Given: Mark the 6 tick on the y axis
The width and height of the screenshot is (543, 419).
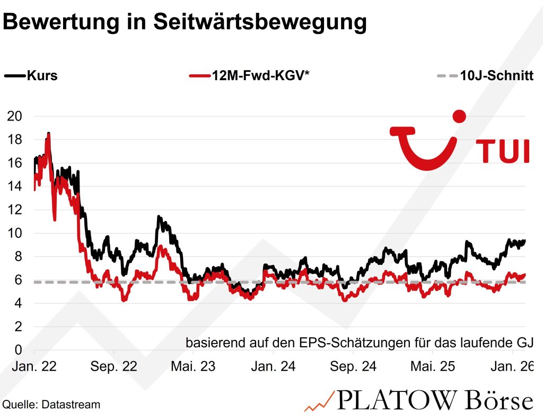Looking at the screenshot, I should coord(19,280).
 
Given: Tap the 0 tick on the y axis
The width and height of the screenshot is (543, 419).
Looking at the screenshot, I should coord(19,350).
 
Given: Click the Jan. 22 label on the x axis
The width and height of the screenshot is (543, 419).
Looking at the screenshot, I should coord(34,366).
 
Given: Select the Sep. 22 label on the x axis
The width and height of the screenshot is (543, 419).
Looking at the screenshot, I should coord(113,366).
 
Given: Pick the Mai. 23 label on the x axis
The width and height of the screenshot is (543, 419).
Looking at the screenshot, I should coord(193,366).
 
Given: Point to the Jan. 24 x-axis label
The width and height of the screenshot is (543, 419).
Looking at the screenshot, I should coord(273,366).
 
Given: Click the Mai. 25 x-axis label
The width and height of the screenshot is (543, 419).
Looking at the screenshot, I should coord(432,366).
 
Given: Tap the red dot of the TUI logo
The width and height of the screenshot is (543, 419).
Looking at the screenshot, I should coord(460,116).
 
